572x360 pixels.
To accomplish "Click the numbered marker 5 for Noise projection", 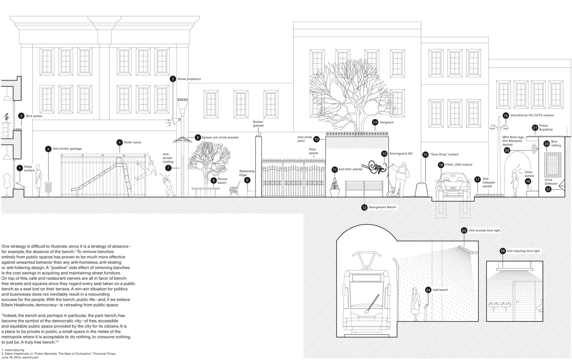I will pyautogui.click(x=173, y=79).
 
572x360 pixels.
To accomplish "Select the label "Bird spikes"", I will pyautogui.click(x=34, y=116).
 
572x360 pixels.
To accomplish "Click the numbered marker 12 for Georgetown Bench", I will pyautogui.click(x=364, y=207).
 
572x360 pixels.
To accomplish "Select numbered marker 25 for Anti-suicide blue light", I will pyautogui.click(x=464, y=231).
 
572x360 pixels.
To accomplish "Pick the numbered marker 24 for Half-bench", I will pyautogui.click(x=428, y=290).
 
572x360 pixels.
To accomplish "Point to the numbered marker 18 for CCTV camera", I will pyautogui.click(x=506, y=115).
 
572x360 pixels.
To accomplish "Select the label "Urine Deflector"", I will pyautogui.click(x=551, y=182).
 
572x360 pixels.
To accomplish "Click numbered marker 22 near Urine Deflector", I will pyautogui.click(x=548, y=189).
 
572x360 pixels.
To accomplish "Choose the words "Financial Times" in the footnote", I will pyautogui.click(x=107, y=354).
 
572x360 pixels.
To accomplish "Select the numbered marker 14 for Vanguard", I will pyautogui.click(x=375, y=122).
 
